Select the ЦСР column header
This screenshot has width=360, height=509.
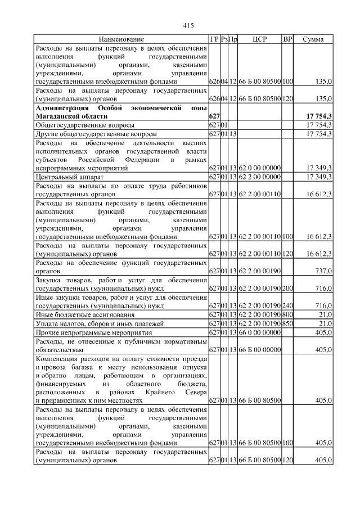[260, 39]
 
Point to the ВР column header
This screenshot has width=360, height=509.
[287, 39]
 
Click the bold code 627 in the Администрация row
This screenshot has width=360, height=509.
[214, 115]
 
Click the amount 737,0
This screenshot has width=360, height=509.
[322, 271]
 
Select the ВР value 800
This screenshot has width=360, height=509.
[287, 314]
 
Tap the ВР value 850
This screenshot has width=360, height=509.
[287, 323]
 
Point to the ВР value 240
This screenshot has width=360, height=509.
[287, 306]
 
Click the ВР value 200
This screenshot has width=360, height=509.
[287, 289]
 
